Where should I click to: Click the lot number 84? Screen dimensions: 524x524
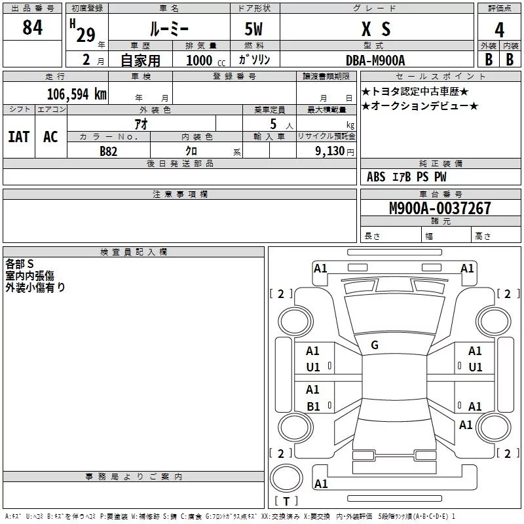click(x=32, y=28)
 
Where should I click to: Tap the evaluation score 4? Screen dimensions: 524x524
click(x=500, y=30)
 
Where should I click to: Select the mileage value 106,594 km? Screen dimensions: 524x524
click(x=77, y=94)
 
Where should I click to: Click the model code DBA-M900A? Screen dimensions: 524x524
click(x=375, y=60)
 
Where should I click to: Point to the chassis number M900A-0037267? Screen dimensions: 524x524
click(x=440, y=208)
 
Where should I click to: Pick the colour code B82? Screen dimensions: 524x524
click(x=108, y=151)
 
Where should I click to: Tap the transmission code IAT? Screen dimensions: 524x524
click(x=18, y=137)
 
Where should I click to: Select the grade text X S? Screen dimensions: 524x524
click(x=375, y=29)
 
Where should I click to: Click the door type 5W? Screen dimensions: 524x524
click(x=254, y=29)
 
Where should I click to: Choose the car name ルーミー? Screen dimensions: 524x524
click(x=169, y=29)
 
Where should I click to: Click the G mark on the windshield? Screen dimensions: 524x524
click(x=375, y=345)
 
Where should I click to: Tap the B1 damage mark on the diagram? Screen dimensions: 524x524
click(x=313, y=407)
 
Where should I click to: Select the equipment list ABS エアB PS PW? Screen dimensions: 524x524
click(x=406, y=177)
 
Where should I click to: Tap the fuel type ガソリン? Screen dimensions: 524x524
click(x=255, y=60)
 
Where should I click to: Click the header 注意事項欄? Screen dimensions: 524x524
click(x=179, y=195)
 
